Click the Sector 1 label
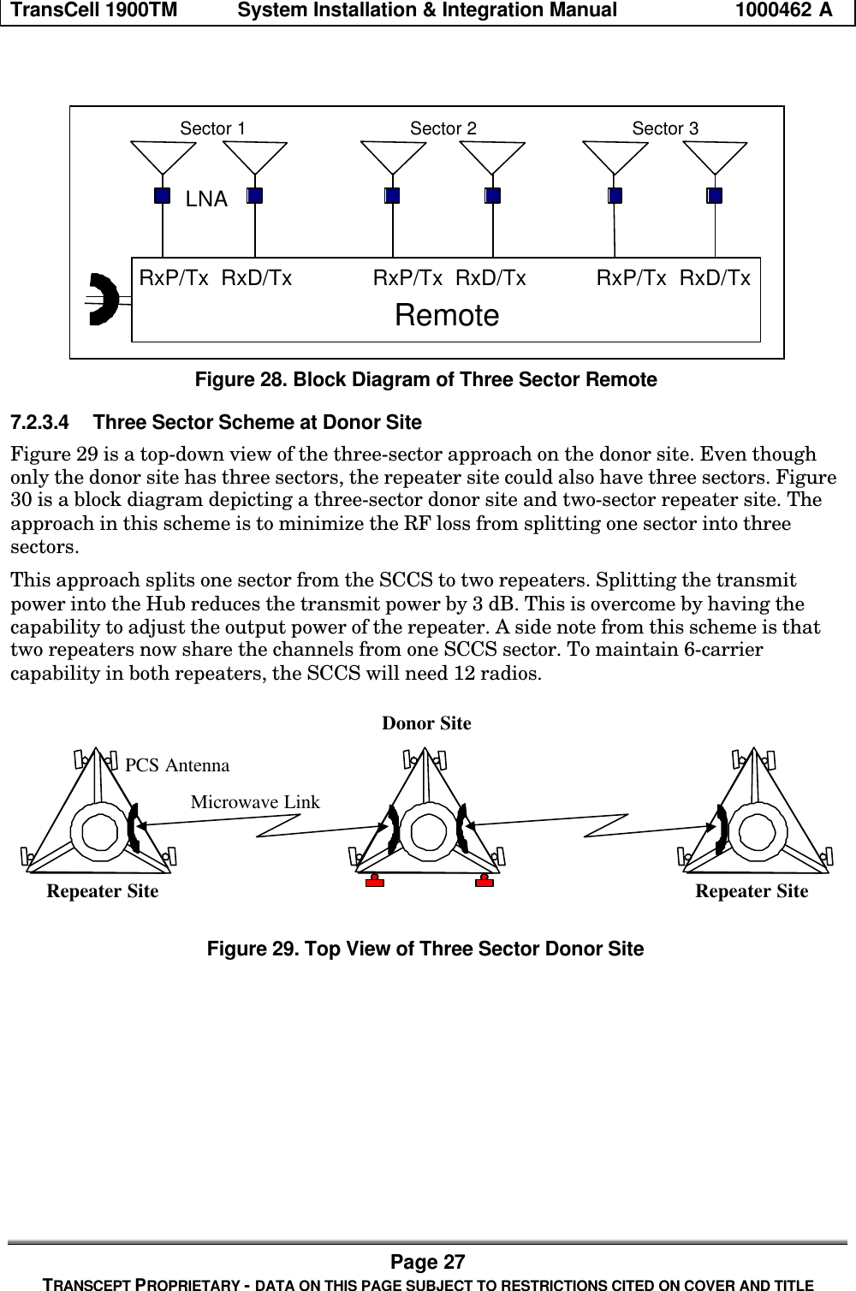pyautogui.click(x=212, y=128)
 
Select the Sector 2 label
pyautogui.click(x=443, y=128)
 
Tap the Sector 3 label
pyautogui.click(x=665, y=128)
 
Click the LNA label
pyautogui.click(x=206, y=200)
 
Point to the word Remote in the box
pyautogui.click(x=447, y=316)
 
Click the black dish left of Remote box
pyautogui.click(x=104, y=299)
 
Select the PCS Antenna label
pyautogui.click(x=177, y=764)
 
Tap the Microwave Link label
pyautogui.click(x=255, y=802)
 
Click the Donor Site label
pyautogui.click(x=426, y=723)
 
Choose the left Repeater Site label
pyautogui.click(x=102, y=891)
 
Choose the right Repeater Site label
pyautogui.click(x=752, y=891)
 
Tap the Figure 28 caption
pyautogui.click(x=426, y=379)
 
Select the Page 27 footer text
pyautogui.click(x=428, y=1262)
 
